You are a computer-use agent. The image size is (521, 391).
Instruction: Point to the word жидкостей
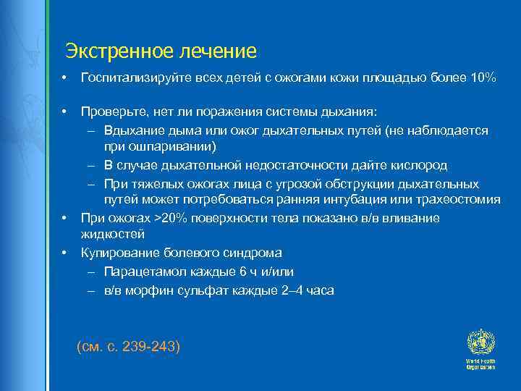113,235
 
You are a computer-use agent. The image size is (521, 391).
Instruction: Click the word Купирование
119,253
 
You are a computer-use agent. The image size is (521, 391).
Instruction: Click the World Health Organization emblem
480,341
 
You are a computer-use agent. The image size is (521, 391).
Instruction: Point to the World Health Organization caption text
480,363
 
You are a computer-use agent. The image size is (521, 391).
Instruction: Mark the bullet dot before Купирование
64,253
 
